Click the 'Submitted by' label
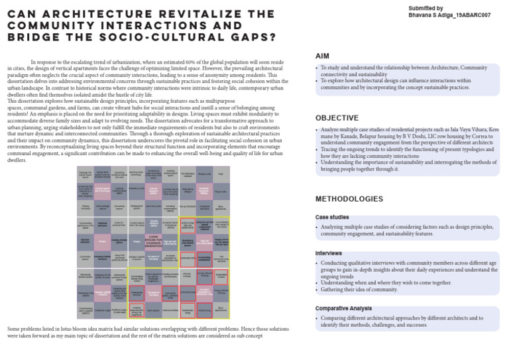(x=426, y=7)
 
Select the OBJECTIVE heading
(x=337, y=117)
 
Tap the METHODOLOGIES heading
(x=349, y=199)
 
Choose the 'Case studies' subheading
(x=331, y=217)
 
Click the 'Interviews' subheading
(x=329, y=253)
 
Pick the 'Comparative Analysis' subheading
(x=343, y=308)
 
